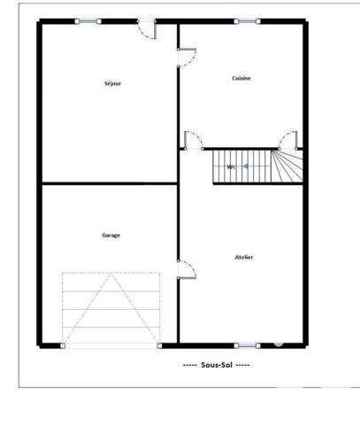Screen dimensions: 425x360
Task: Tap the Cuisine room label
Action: (241, 78)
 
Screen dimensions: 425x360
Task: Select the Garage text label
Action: (111, 235)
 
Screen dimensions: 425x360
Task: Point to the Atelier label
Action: (244, 257)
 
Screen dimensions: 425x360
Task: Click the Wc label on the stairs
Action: (232, 166)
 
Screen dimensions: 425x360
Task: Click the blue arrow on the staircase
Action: (246, 166)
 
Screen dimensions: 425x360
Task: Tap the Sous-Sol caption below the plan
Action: (216, 365)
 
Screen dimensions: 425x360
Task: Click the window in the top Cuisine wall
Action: (247, 21)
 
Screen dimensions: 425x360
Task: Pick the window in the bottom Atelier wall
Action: (247, 344)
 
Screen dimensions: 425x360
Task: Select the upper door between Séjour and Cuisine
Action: (187, 57)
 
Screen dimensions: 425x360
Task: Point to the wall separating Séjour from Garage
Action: (108, 183)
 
